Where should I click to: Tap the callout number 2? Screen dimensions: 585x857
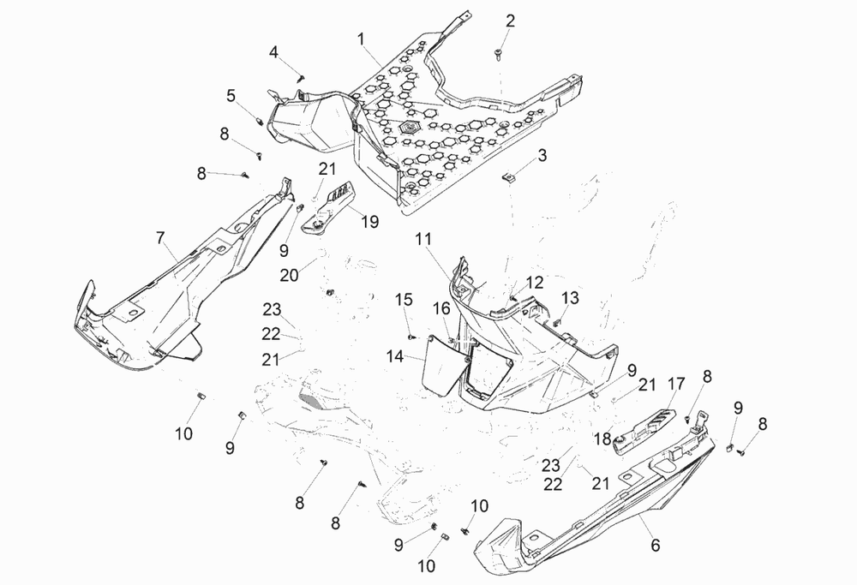tap(510, 21)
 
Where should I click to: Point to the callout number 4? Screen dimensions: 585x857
tap(274, 52)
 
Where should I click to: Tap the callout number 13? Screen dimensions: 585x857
tap(570, 297)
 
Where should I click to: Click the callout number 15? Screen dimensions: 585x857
tap(404, 299)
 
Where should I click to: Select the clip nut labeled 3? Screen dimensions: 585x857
tap(508, 177)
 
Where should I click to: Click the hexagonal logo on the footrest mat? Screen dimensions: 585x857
tap(409, 125)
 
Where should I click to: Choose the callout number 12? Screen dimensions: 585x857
tap(534, 282)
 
